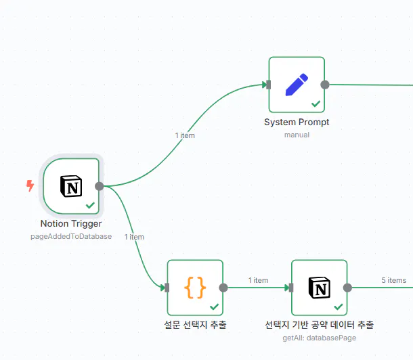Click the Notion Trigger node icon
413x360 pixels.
click(70, 186)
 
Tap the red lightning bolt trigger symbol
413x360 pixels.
click(30, 185)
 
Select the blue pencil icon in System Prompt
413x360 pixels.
click(297, 85)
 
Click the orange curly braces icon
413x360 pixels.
click(195, 288)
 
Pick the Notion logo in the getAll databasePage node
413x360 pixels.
click(320, 288)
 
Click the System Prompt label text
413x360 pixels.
click(297, 122)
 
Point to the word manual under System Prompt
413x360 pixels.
click(297, 135)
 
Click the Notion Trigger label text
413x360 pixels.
click(71, 224)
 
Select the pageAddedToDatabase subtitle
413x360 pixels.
click(71, 236)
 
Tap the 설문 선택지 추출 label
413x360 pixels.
click(195, 325)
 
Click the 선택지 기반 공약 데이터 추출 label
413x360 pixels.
click(320, 325)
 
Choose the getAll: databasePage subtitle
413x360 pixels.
click(320, 337)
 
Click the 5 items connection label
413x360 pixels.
click(393, 280)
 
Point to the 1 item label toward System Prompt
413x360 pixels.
click(185, 135)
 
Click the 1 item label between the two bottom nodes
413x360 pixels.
click(258, 280)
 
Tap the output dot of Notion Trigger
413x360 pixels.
click(100, 186)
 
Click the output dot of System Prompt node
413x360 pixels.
click(325, 85)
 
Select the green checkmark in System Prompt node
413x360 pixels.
click(315, 104)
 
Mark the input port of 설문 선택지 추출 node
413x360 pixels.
click(167, 288)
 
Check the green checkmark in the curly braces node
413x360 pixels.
click(214, 307)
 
